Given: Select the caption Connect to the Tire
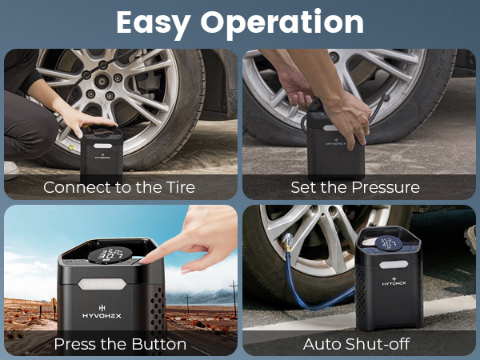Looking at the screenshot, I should click(119, 188).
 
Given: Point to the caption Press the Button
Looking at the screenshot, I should click(120, 344).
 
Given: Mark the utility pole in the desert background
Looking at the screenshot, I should click(233, 291).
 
